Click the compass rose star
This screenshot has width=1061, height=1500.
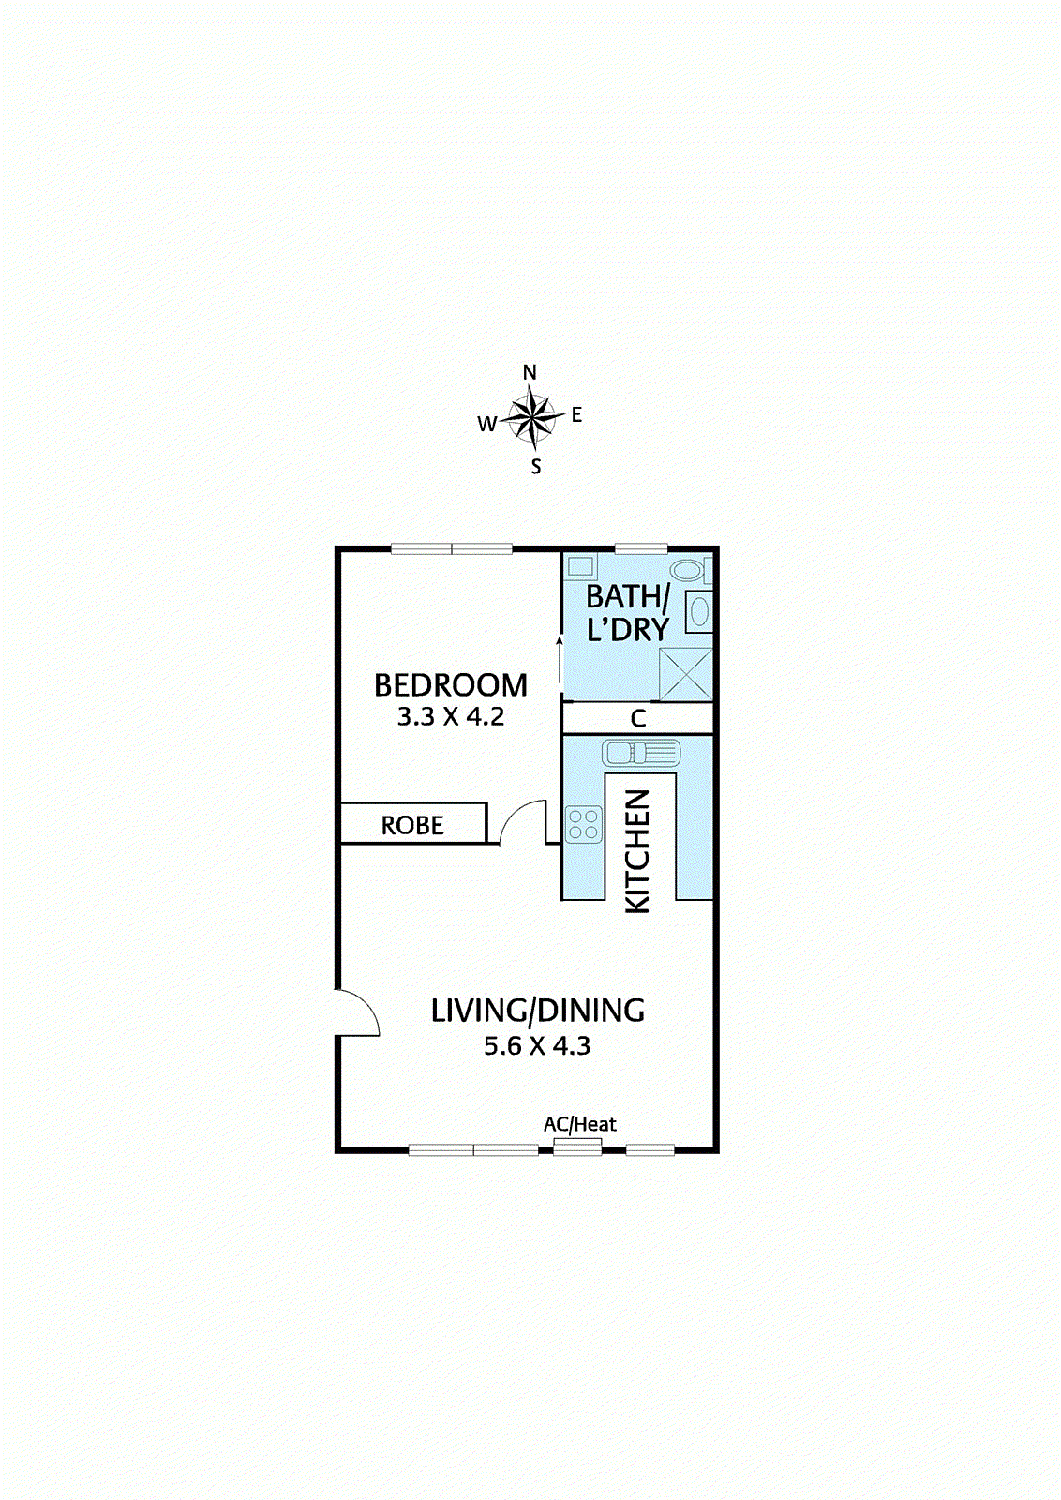532,417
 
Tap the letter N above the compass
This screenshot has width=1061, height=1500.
530,372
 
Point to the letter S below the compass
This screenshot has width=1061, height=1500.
536,467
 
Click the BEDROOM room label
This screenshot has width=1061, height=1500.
451,685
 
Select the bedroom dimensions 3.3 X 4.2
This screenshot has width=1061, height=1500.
451,717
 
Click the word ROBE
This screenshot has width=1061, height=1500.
412,826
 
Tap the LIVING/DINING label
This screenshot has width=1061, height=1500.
538,1011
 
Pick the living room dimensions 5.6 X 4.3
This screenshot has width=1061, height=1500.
537,1046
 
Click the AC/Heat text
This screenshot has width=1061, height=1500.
580,1124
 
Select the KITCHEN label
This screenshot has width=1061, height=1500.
637,850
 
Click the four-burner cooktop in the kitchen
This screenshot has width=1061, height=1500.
583,825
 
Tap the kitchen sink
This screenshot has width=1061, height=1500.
641,752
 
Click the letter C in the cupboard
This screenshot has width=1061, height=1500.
638,719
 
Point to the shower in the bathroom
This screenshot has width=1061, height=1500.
686,674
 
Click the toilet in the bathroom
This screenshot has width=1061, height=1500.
691,569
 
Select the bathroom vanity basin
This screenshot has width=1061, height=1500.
699,612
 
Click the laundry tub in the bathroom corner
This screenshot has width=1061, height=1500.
580,566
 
